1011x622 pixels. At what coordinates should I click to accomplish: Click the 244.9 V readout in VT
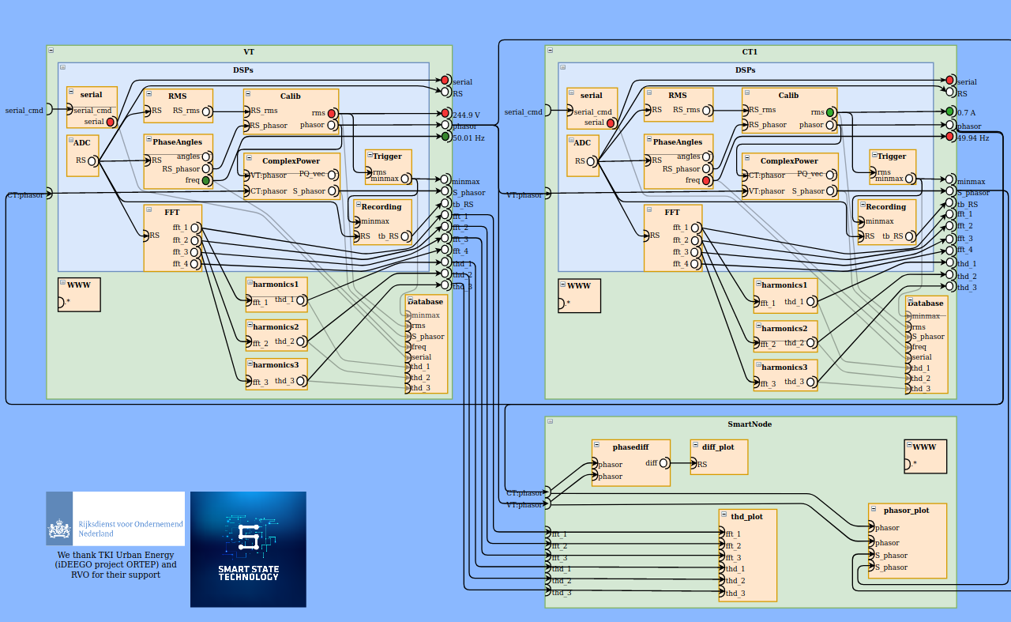pyautogui.click(x=466, y=115)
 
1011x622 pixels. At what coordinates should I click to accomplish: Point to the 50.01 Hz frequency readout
pyautogui.click(x=468, y=138)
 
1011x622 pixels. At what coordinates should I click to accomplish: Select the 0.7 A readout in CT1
pyautogui.click(x=966, y=113)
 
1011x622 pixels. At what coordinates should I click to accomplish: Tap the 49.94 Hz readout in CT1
pyautogui.click(x=972, y=138)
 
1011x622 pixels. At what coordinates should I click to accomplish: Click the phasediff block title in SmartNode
pyautogui.click(x=630, y=447)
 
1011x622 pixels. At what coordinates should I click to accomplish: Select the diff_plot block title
pyautogui.click(x=718, y=447)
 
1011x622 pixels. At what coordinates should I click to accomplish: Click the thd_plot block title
pyautogui.click(x=746, y=517)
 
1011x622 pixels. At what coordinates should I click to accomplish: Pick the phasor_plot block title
pyautogui.click(x=906, y=511)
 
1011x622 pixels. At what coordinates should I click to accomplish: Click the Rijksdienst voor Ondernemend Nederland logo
pyautogui.click(x=115, y=518)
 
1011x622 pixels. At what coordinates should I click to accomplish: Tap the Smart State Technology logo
pyautogui.click(x=248, y=549)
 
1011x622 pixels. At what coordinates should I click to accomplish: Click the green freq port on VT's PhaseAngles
pyautogui.click(x=206, y=181)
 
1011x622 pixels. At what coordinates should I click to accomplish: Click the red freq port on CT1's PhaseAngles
pyautogui.click(x=707, y=181)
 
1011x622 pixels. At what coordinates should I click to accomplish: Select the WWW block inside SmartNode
pyautogui.click(x=924, y=447)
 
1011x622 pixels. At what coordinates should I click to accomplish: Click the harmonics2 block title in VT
pyautogui.click(x=276, y=327)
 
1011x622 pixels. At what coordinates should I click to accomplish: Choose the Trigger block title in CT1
pyautogui.click(x=892, y=156)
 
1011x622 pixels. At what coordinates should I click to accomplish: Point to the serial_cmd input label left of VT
pyautogui.click(x=24, y=110)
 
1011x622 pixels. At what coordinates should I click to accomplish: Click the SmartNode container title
pyautogui.click(x=750, y=424)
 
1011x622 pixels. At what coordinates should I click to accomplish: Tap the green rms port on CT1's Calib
pyautogui.click(x=830, y=112)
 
